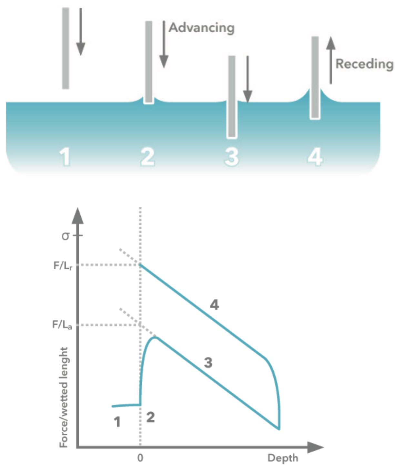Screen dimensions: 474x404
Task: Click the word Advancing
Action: click(202, 28)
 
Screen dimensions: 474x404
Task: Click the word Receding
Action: click(365, 64)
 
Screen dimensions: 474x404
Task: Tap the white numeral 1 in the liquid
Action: click(65, 157)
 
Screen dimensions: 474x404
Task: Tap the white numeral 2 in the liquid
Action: click(147, 157)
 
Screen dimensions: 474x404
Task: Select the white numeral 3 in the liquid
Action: click(232, 157)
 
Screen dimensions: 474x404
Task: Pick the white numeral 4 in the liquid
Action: click(315, 157)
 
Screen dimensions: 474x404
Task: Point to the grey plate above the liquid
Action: click(66, 48)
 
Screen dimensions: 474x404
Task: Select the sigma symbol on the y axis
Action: click(66, 236)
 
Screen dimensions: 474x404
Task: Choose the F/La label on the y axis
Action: click(62, 325)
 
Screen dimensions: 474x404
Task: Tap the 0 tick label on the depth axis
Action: click(140, 458)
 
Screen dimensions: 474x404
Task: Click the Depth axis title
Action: click(283, 458)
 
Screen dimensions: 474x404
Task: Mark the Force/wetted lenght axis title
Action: click(64, 397)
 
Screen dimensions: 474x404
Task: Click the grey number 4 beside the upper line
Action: click(214, 305)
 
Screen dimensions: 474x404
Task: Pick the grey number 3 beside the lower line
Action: click(208, 363)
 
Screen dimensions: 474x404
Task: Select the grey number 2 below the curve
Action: click(150, 417)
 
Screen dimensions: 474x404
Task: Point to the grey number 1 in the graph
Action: click(117, 422)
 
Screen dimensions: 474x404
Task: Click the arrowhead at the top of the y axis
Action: click(77, 216)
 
